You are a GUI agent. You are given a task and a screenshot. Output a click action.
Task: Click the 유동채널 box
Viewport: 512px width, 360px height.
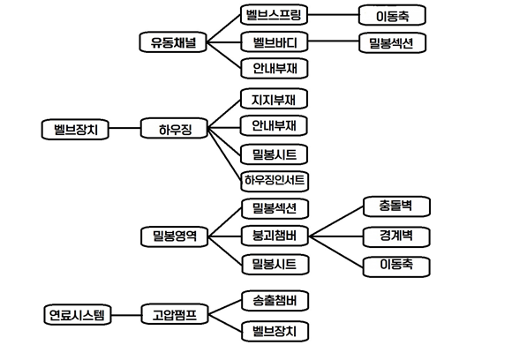[x=174, y=41]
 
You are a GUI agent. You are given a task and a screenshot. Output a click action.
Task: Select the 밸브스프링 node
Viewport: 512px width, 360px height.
[x=274, y=15]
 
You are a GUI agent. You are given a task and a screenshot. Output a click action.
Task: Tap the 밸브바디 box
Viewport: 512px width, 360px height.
[x=274, y=41]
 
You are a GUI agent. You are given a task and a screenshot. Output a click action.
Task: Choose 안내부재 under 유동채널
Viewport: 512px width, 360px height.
[x=274, y=68]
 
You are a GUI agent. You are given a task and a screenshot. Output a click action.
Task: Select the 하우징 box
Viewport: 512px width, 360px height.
[x=174, y=130]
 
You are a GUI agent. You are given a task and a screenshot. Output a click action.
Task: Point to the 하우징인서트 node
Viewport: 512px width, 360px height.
[x=275, y=181]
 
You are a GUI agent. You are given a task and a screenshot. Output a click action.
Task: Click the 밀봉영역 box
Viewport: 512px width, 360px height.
[x=174, y=236]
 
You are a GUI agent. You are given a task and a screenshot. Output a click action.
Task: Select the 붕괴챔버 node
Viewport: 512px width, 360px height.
[x=274, y=236]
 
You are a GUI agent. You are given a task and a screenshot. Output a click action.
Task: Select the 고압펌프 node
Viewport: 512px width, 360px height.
[x=174, y=314]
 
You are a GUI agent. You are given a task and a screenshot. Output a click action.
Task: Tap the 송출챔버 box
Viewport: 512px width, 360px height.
[x=274, y=300]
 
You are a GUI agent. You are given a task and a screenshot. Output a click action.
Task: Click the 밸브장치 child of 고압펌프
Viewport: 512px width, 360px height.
[x=274, y=332]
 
